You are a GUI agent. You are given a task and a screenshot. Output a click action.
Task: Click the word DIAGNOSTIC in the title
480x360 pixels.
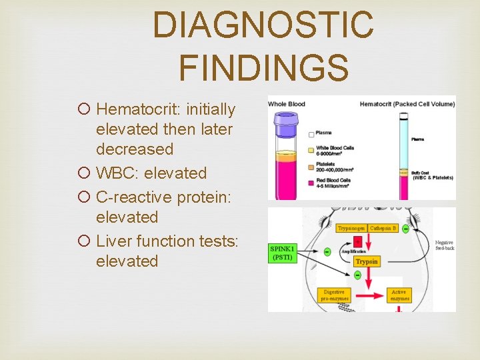click(x=263, y=25)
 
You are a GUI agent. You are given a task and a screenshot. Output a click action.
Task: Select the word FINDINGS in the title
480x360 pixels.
click(x=263, y=67)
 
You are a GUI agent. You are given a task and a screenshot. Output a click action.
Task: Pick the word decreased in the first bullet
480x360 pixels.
click(x=135, y=149)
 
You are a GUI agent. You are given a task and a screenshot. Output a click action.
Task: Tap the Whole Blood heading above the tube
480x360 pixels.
click(x=287, y=103)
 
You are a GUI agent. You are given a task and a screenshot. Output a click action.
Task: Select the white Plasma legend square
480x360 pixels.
click(x=312, y=134)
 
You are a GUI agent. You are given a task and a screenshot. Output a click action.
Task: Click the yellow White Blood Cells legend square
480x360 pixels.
click(x=312, y=149)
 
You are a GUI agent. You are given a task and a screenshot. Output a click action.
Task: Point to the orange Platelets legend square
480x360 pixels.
click(x=312, y=165)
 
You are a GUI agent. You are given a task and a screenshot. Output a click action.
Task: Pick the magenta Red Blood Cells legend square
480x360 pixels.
click(x=312, y=181)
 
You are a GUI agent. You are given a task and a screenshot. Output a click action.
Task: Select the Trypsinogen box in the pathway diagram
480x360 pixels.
click(x=351, y=228)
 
